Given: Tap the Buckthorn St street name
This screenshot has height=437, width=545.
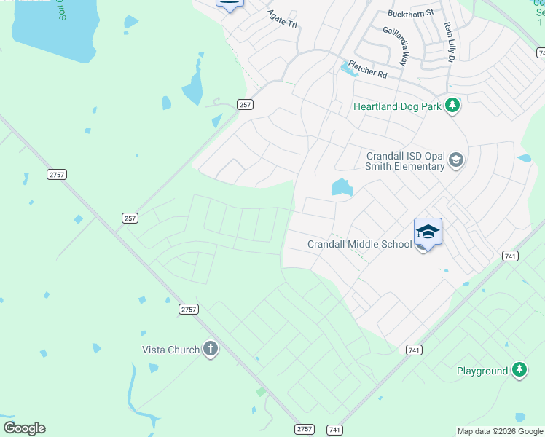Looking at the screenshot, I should [x=411, y=13].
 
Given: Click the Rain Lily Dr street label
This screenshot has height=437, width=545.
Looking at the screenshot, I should [x=449, y=42].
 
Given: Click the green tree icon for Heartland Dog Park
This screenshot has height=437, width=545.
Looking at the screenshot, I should [x=452, y=106].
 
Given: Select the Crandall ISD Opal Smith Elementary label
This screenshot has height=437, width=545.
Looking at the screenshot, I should [x=405, y=161].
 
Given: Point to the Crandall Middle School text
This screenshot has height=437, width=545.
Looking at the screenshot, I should [x=360, y=245].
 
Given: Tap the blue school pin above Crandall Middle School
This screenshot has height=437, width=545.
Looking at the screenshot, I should [x=428, y=232].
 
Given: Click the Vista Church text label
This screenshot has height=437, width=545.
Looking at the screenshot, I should [x=170, y=350].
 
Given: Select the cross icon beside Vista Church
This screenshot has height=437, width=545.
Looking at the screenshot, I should [x=211, y=350].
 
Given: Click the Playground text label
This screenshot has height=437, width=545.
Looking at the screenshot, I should [x=482, y=371].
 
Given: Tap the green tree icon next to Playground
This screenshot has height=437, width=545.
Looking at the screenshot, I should [x=519, y=371].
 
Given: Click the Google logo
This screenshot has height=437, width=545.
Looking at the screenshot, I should [x=24, y=428].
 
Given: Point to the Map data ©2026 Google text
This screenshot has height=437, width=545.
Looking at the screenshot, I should [x=500, y=431].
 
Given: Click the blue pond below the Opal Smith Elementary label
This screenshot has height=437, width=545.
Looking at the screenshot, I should [x=342, y=188].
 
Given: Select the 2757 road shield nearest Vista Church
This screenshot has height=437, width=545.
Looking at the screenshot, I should [x=188, y=310].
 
